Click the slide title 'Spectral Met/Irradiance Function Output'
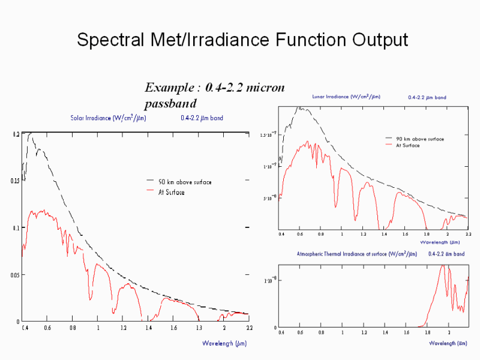(242, 40)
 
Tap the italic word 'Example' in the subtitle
(169, 88)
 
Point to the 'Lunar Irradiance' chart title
(346, 97)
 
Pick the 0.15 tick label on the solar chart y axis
(15, 181)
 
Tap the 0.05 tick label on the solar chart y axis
(15, 275)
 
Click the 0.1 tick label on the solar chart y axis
(16, 228)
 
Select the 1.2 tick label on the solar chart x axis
(124, 328)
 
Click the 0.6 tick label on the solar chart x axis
(47, 328)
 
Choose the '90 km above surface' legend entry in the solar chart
(185, 182)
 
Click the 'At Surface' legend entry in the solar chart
(172, 192)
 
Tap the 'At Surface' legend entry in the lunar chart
(407, 145)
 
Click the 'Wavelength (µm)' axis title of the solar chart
(224, 343)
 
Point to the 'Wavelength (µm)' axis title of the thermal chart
(448, 343)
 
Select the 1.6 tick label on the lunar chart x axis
(405, 234)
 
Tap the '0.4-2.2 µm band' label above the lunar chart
(427, 97)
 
